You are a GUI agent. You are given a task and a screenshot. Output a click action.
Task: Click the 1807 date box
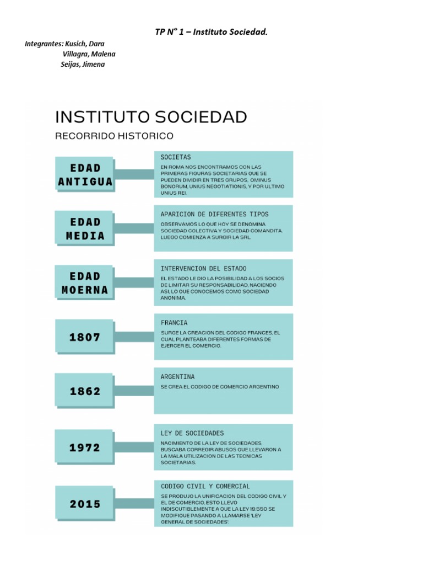pos(85,337)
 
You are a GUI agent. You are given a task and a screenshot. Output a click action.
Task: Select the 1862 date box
pos(85,391)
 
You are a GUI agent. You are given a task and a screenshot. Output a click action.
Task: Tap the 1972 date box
pos(85,447)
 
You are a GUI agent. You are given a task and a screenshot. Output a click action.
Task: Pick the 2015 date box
pos(85,504)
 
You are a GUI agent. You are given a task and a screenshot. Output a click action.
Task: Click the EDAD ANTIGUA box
pos(85,174)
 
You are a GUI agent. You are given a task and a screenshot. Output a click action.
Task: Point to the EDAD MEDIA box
pos(85,228)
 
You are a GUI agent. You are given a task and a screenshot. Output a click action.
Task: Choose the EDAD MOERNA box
pos(85,282)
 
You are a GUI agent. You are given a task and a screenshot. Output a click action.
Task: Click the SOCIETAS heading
pos(176,157)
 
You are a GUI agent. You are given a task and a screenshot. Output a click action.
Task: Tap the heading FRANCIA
pos(174,322)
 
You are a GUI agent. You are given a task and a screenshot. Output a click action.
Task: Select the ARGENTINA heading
pos(177,376)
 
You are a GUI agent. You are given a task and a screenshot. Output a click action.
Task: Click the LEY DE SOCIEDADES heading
pos(192,433)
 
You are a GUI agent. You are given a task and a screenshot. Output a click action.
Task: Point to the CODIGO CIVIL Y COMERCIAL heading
pos(205,487)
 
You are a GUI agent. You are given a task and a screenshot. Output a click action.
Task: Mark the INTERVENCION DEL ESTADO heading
pos(204,268)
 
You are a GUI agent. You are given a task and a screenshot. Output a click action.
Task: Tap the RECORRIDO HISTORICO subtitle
pos(114,135)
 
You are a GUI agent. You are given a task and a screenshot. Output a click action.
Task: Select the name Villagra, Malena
pos(89,54)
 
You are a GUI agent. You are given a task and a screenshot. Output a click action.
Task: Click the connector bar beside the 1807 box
pos(134,337)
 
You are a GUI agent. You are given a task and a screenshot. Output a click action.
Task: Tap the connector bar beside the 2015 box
pos(134,504)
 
